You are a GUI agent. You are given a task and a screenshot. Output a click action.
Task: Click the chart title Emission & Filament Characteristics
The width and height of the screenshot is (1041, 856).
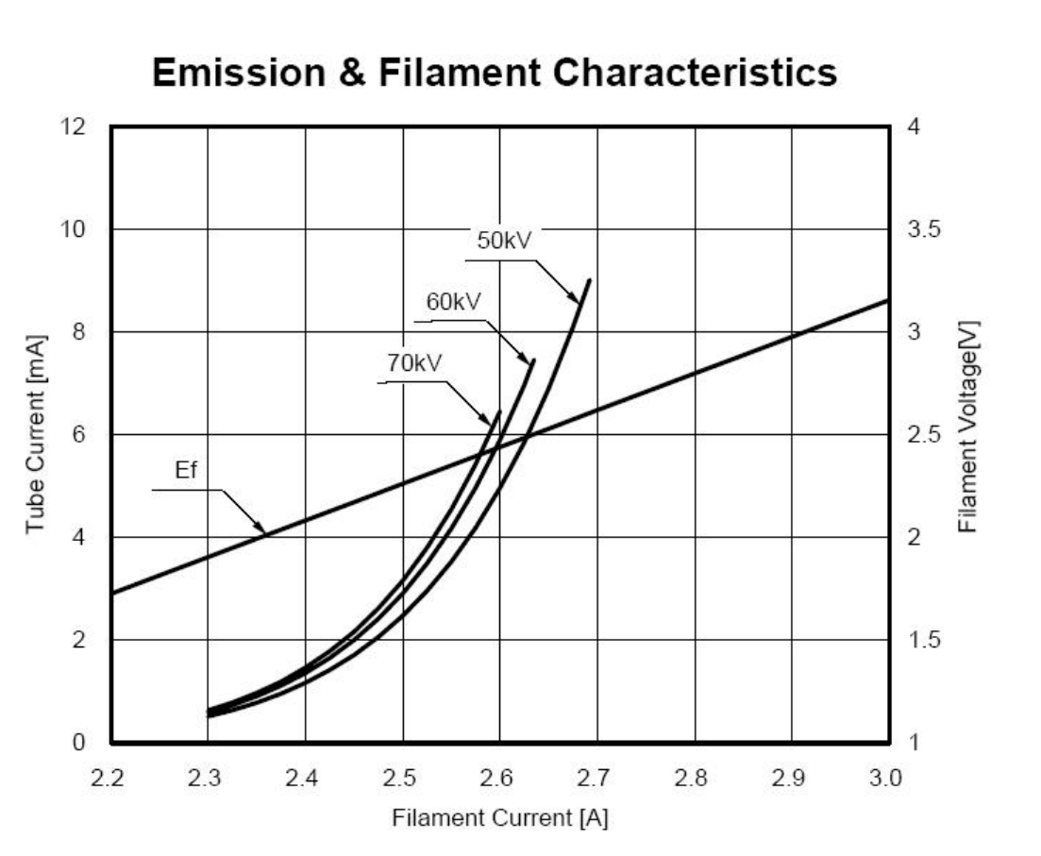point(495,74)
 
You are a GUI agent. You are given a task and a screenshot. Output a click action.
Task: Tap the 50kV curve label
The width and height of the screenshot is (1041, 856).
point(504,240)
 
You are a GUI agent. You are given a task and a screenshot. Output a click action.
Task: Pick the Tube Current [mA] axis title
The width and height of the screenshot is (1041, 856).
point(36,434)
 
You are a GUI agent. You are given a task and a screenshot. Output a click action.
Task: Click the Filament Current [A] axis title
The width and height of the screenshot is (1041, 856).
point(500,817)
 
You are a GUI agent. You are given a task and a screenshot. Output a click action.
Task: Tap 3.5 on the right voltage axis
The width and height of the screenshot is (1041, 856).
point(921,229)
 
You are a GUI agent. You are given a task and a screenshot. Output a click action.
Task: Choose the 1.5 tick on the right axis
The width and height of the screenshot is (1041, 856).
point(921,640)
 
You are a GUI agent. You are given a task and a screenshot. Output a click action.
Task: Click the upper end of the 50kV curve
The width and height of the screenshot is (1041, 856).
point(590,280)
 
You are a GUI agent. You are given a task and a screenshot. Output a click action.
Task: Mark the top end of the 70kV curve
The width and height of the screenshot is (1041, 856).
point(499,411)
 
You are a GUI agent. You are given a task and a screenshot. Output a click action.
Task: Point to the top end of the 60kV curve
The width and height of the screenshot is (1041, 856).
point(533,361)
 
